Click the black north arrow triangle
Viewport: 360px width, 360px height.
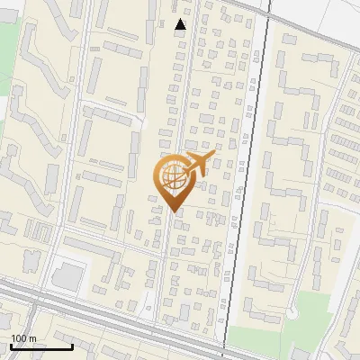click(x=180, y=24)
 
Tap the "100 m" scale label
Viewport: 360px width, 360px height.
click(x=23, y=338)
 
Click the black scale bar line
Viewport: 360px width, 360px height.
click(x=40, y=347)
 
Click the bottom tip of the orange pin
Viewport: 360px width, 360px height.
click(x=174, y=211)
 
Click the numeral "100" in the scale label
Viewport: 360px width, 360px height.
click(x=19, y=338)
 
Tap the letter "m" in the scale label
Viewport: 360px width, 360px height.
click(x=32, y=338)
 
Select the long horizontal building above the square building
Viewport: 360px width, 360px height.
click(x=90, y=245)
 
